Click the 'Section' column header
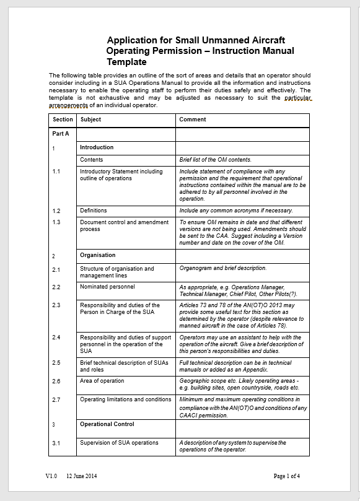(63, 120)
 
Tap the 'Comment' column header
(193, 120)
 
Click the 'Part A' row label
(61, 134)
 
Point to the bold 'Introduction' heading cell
(97, 147)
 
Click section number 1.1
(56, 172)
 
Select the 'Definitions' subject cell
(94, 211)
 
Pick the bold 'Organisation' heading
(98, 255)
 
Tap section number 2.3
(56, 305)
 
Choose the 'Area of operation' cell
(102, 381)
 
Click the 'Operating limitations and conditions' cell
(125, 399)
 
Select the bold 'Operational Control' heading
(107, 424)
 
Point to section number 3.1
(56, 443)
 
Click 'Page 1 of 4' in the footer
(287, 476)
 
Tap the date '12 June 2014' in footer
(82, 476)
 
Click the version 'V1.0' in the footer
(51, 476)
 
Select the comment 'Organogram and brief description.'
(222, 269)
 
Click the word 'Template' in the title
(126, 62)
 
